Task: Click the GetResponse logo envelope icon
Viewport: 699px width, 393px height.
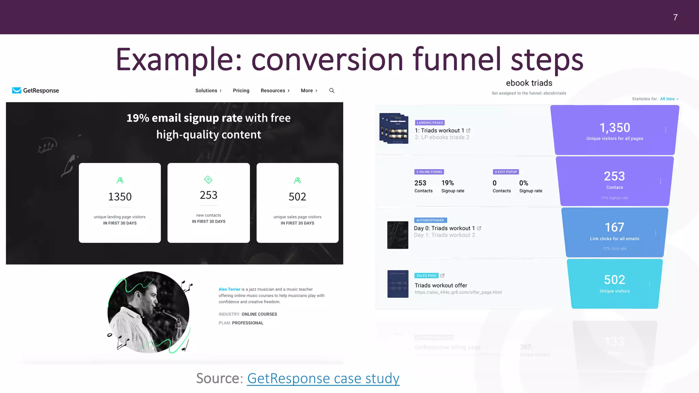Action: point(16,90)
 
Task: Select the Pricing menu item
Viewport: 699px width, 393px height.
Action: point(241,90)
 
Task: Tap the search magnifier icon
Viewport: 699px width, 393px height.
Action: point(332,90)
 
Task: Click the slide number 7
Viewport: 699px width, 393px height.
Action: point(675,17)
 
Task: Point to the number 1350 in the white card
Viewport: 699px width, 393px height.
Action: point(120,197)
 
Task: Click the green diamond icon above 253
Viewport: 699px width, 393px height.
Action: point(208,179)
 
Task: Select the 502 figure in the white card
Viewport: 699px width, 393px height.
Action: point(297,197)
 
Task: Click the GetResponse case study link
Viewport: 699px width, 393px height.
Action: point(323,378)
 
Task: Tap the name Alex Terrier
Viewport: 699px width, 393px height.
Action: point(229,289)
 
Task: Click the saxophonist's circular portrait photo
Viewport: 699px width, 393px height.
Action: point(148,312)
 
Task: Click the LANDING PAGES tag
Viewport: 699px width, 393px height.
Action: point(430,123)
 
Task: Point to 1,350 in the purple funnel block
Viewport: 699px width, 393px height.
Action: point(615,128)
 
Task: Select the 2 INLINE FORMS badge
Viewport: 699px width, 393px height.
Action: point(429,172)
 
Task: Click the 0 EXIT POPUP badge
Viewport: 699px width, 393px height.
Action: point(506,172)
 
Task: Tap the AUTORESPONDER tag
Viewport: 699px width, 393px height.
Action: point(430,220)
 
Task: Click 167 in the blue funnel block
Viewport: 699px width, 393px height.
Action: point(614,227)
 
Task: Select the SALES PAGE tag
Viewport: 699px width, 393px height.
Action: point(426,276)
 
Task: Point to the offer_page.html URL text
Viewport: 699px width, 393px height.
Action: point(458,292)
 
